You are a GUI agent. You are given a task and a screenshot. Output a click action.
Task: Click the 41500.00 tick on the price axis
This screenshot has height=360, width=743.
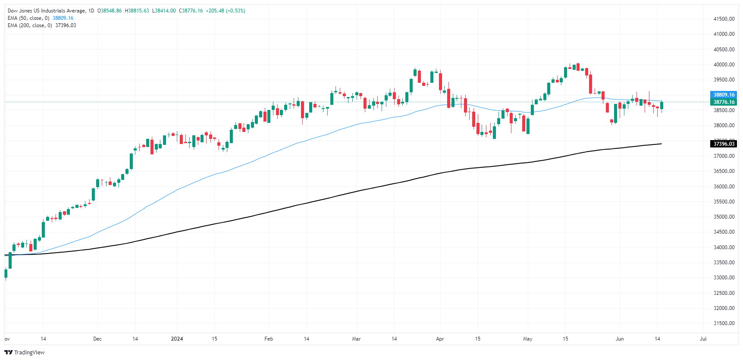724,19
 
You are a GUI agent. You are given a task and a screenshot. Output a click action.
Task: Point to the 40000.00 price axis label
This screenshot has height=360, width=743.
724,65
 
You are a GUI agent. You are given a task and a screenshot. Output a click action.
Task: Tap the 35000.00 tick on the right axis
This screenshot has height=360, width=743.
724,217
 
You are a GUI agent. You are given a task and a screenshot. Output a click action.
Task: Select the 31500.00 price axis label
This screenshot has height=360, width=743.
724,323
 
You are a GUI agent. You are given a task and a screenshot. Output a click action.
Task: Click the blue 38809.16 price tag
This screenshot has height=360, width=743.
724,95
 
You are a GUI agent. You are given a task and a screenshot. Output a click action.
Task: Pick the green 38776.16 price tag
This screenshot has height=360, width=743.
724,102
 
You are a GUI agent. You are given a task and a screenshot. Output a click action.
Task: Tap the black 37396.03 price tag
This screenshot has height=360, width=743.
724,144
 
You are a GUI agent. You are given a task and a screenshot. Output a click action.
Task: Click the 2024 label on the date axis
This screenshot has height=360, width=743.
177,339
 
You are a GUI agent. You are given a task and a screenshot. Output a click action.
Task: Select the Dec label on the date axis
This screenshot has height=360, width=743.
97,339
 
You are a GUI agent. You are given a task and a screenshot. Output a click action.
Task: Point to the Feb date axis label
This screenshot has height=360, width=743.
269,339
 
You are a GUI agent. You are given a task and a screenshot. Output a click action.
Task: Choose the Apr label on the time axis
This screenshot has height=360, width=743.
440,339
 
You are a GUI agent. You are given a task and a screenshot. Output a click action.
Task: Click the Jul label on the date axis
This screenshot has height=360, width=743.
703,339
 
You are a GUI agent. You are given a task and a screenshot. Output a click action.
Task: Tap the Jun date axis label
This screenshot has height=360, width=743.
620,339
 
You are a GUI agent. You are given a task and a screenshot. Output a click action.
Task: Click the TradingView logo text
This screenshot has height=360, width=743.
29,353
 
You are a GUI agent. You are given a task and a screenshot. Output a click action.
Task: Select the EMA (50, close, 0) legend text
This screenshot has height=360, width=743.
28,18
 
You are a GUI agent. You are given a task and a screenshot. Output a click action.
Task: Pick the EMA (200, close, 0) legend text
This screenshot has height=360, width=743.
30,25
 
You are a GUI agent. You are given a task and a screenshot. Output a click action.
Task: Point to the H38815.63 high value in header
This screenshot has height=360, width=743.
137,11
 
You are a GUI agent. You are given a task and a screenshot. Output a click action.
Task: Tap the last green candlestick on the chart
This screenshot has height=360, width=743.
661,105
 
